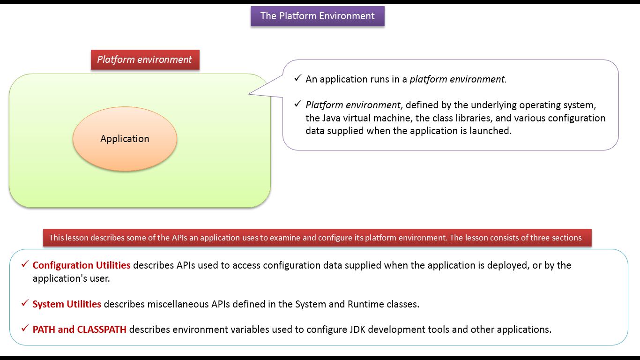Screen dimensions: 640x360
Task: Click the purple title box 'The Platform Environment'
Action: tap(318, 16)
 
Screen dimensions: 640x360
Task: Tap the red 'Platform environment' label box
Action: tap(145, 60)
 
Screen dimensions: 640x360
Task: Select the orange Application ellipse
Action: tap(125, 139)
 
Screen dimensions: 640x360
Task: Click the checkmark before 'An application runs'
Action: tap(298, 78)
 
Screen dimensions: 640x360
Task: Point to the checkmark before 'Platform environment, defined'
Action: tap(298, 104)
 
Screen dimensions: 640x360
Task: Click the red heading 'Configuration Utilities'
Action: tap(82, 265)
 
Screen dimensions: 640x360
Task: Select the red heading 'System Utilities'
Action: tap(67, 304)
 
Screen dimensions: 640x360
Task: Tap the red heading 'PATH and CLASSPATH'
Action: tap(80, 330)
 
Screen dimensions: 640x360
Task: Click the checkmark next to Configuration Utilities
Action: tap(25, 264)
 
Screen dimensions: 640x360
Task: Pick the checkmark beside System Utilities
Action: tap(25, 303)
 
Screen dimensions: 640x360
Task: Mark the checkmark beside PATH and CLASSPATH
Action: tap(25, 328)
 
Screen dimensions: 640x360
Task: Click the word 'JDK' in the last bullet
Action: tap(357, 330)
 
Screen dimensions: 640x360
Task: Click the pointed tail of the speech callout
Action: tap(249, 93)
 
